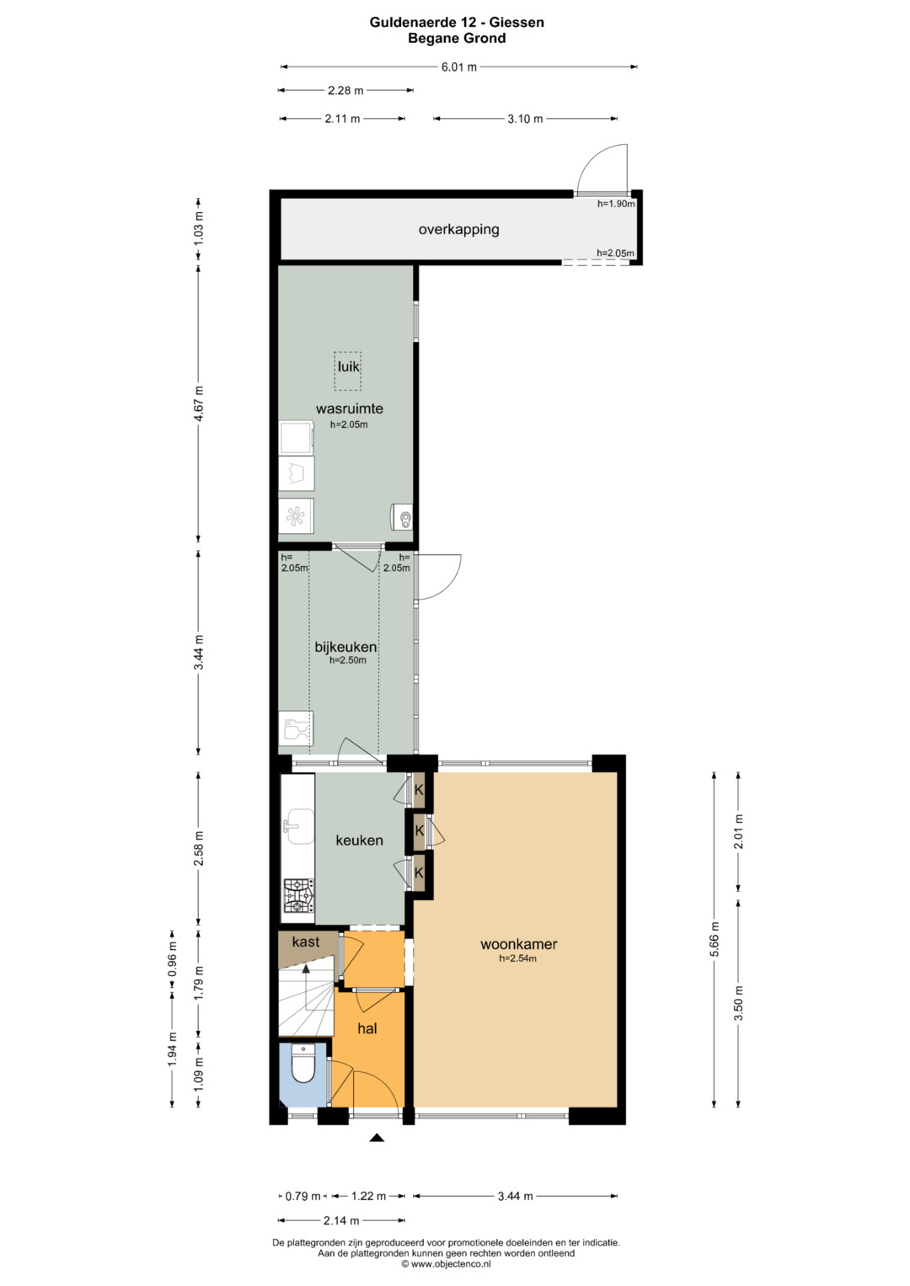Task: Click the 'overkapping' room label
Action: tap(458, 230)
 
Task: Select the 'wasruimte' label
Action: tap(350, 408)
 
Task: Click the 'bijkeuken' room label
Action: tap(345, 647)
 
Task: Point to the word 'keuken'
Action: tap(359, 840)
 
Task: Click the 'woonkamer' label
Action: tap(519, 944)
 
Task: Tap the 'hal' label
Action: tap(367, 1028)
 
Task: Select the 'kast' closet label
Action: tap(306, 942)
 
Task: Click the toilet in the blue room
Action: tap(302, 1064)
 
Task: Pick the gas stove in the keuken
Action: tap(298, 895)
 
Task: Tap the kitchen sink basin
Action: tap(301, 827)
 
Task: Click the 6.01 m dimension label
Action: tap(459, 67)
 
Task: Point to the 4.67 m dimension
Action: tap(199, 404)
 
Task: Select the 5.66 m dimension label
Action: tap(715, 940)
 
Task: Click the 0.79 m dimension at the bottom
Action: tap(302, 1197)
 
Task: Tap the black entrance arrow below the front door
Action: tap(377, 1137)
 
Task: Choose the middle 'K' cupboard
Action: tap(420, 830)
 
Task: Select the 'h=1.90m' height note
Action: tap(616, 203)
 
